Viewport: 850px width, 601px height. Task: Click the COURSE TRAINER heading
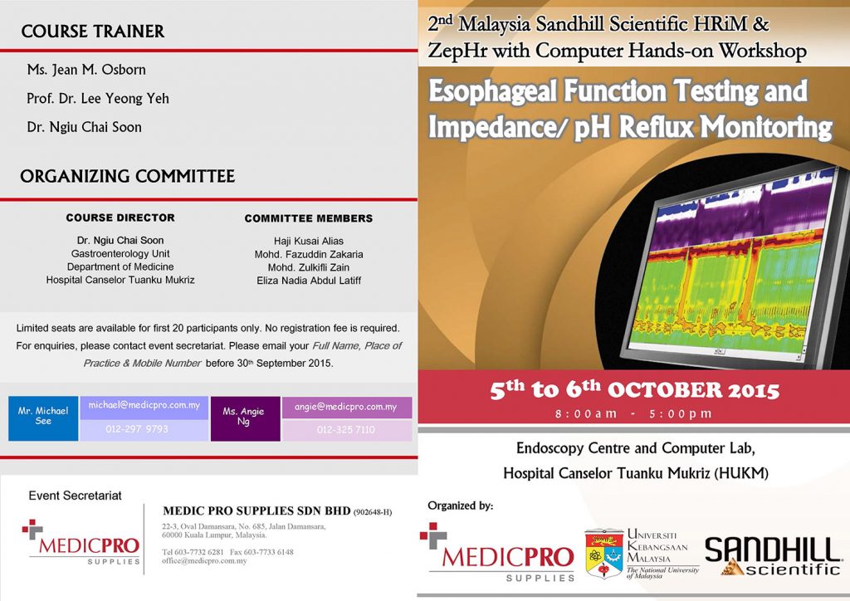[93, 32]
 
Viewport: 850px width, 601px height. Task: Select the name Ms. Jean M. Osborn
[86, 70]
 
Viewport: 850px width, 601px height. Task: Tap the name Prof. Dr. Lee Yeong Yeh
[98, 99]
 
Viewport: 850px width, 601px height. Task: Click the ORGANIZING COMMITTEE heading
[127, 176]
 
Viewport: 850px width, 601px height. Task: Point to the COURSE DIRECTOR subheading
[120, 217]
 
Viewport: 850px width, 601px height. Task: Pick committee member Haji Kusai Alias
[309, 242]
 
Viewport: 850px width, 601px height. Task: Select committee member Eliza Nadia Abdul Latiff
[309, 281]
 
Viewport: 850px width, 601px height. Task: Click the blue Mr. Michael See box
[43, 418]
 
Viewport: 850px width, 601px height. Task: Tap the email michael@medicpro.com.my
[144, 405]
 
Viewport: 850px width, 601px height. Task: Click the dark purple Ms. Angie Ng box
[245, 418]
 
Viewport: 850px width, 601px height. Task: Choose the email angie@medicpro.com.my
[346, 407]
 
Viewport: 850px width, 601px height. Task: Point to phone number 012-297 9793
[137, 429]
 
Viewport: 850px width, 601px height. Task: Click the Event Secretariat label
[75, 496]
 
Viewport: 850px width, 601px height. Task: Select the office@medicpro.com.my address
[204, 561]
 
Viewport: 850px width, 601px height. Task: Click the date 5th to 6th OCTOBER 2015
[634, 389]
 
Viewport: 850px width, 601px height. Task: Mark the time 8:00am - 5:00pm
[633, 414]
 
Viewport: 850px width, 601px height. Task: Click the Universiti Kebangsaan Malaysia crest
[604, 553]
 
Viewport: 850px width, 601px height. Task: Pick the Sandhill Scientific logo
[773, 555]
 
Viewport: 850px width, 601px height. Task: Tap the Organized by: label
[460, 506]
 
